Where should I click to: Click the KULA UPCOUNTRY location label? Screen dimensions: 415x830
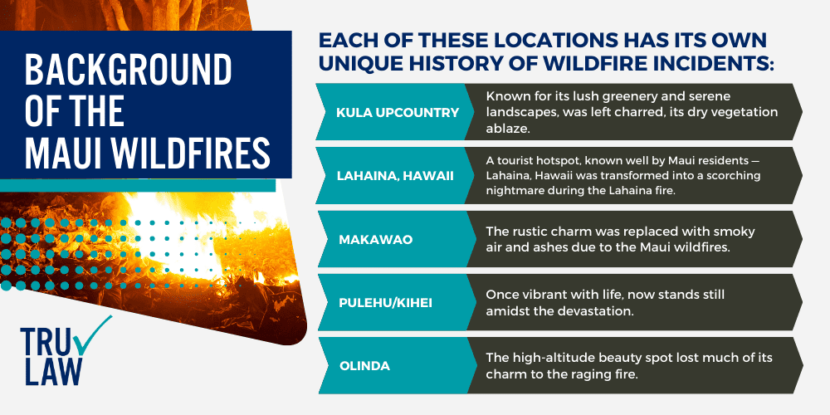click(x=396, y=112)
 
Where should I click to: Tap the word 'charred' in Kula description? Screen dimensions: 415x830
click(x=613, y=112)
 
